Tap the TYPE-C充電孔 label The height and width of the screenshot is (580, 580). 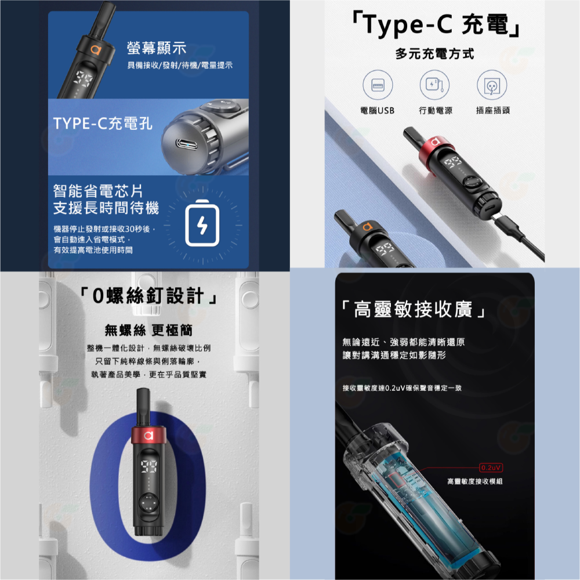tap(103, 124)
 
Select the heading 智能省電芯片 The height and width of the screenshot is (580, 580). tap(97, 190)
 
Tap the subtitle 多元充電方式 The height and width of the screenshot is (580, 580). tap(434, 55)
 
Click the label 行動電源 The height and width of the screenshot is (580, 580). tap(435, 110)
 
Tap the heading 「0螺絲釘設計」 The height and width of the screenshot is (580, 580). tap(150, 297)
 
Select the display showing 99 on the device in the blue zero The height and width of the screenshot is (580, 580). tap(148, 463)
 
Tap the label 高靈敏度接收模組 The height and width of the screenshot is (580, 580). tap(475, 481)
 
